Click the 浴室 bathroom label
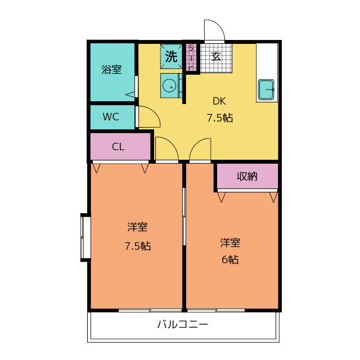point(111,69)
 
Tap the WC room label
point(111,117)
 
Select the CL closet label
point(118,147)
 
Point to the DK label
point(219,101)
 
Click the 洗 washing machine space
point(171,56)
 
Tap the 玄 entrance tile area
point(216,58)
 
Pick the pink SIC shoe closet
point(191,57)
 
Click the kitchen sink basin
point(266,89)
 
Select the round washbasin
point(170,85)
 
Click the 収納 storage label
point(247,176)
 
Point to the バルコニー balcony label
point(182,325)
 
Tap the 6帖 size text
point(230,260)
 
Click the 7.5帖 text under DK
point(220,118)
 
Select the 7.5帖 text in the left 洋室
point(138,246)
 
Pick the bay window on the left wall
point(85,237)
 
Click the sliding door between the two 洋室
point(184,217)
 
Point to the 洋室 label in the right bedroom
point(230,243)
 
